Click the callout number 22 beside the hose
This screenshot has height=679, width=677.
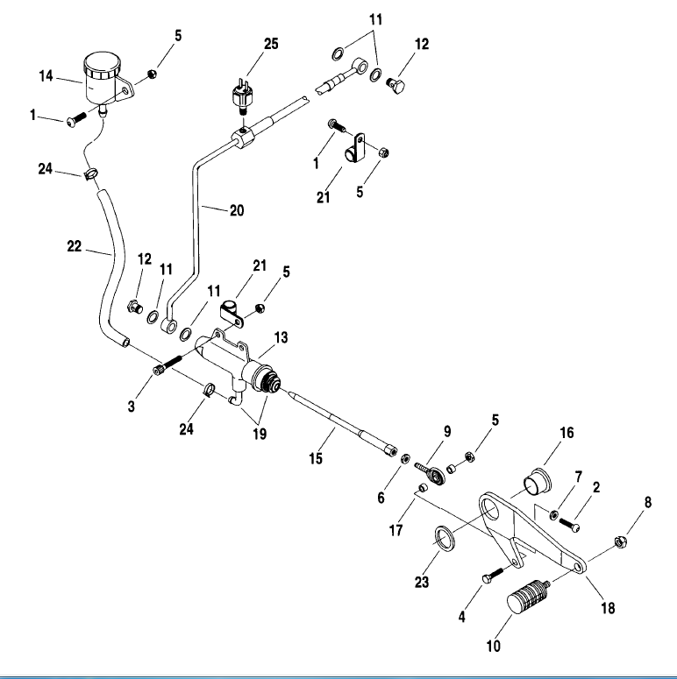(75, 249)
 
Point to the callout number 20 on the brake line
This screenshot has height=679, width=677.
(236, 210)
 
